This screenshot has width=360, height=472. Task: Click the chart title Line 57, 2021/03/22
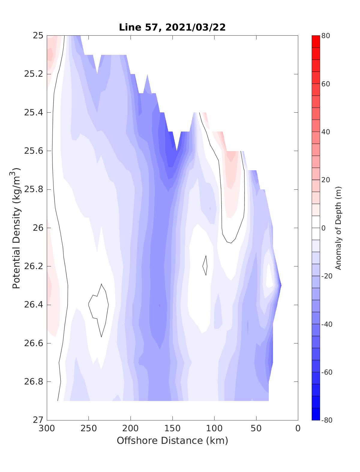172,27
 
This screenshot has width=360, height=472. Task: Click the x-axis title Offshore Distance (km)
172,441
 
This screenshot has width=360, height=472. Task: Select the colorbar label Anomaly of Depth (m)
338,228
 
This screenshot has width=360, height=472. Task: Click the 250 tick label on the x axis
89,429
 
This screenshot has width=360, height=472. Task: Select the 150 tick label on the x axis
172,429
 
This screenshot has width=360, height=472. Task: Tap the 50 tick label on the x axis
256,429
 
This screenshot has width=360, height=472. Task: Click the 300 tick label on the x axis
47,429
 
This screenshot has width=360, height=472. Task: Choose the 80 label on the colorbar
326,36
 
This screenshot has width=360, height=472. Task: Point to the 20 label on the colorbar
326,180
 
